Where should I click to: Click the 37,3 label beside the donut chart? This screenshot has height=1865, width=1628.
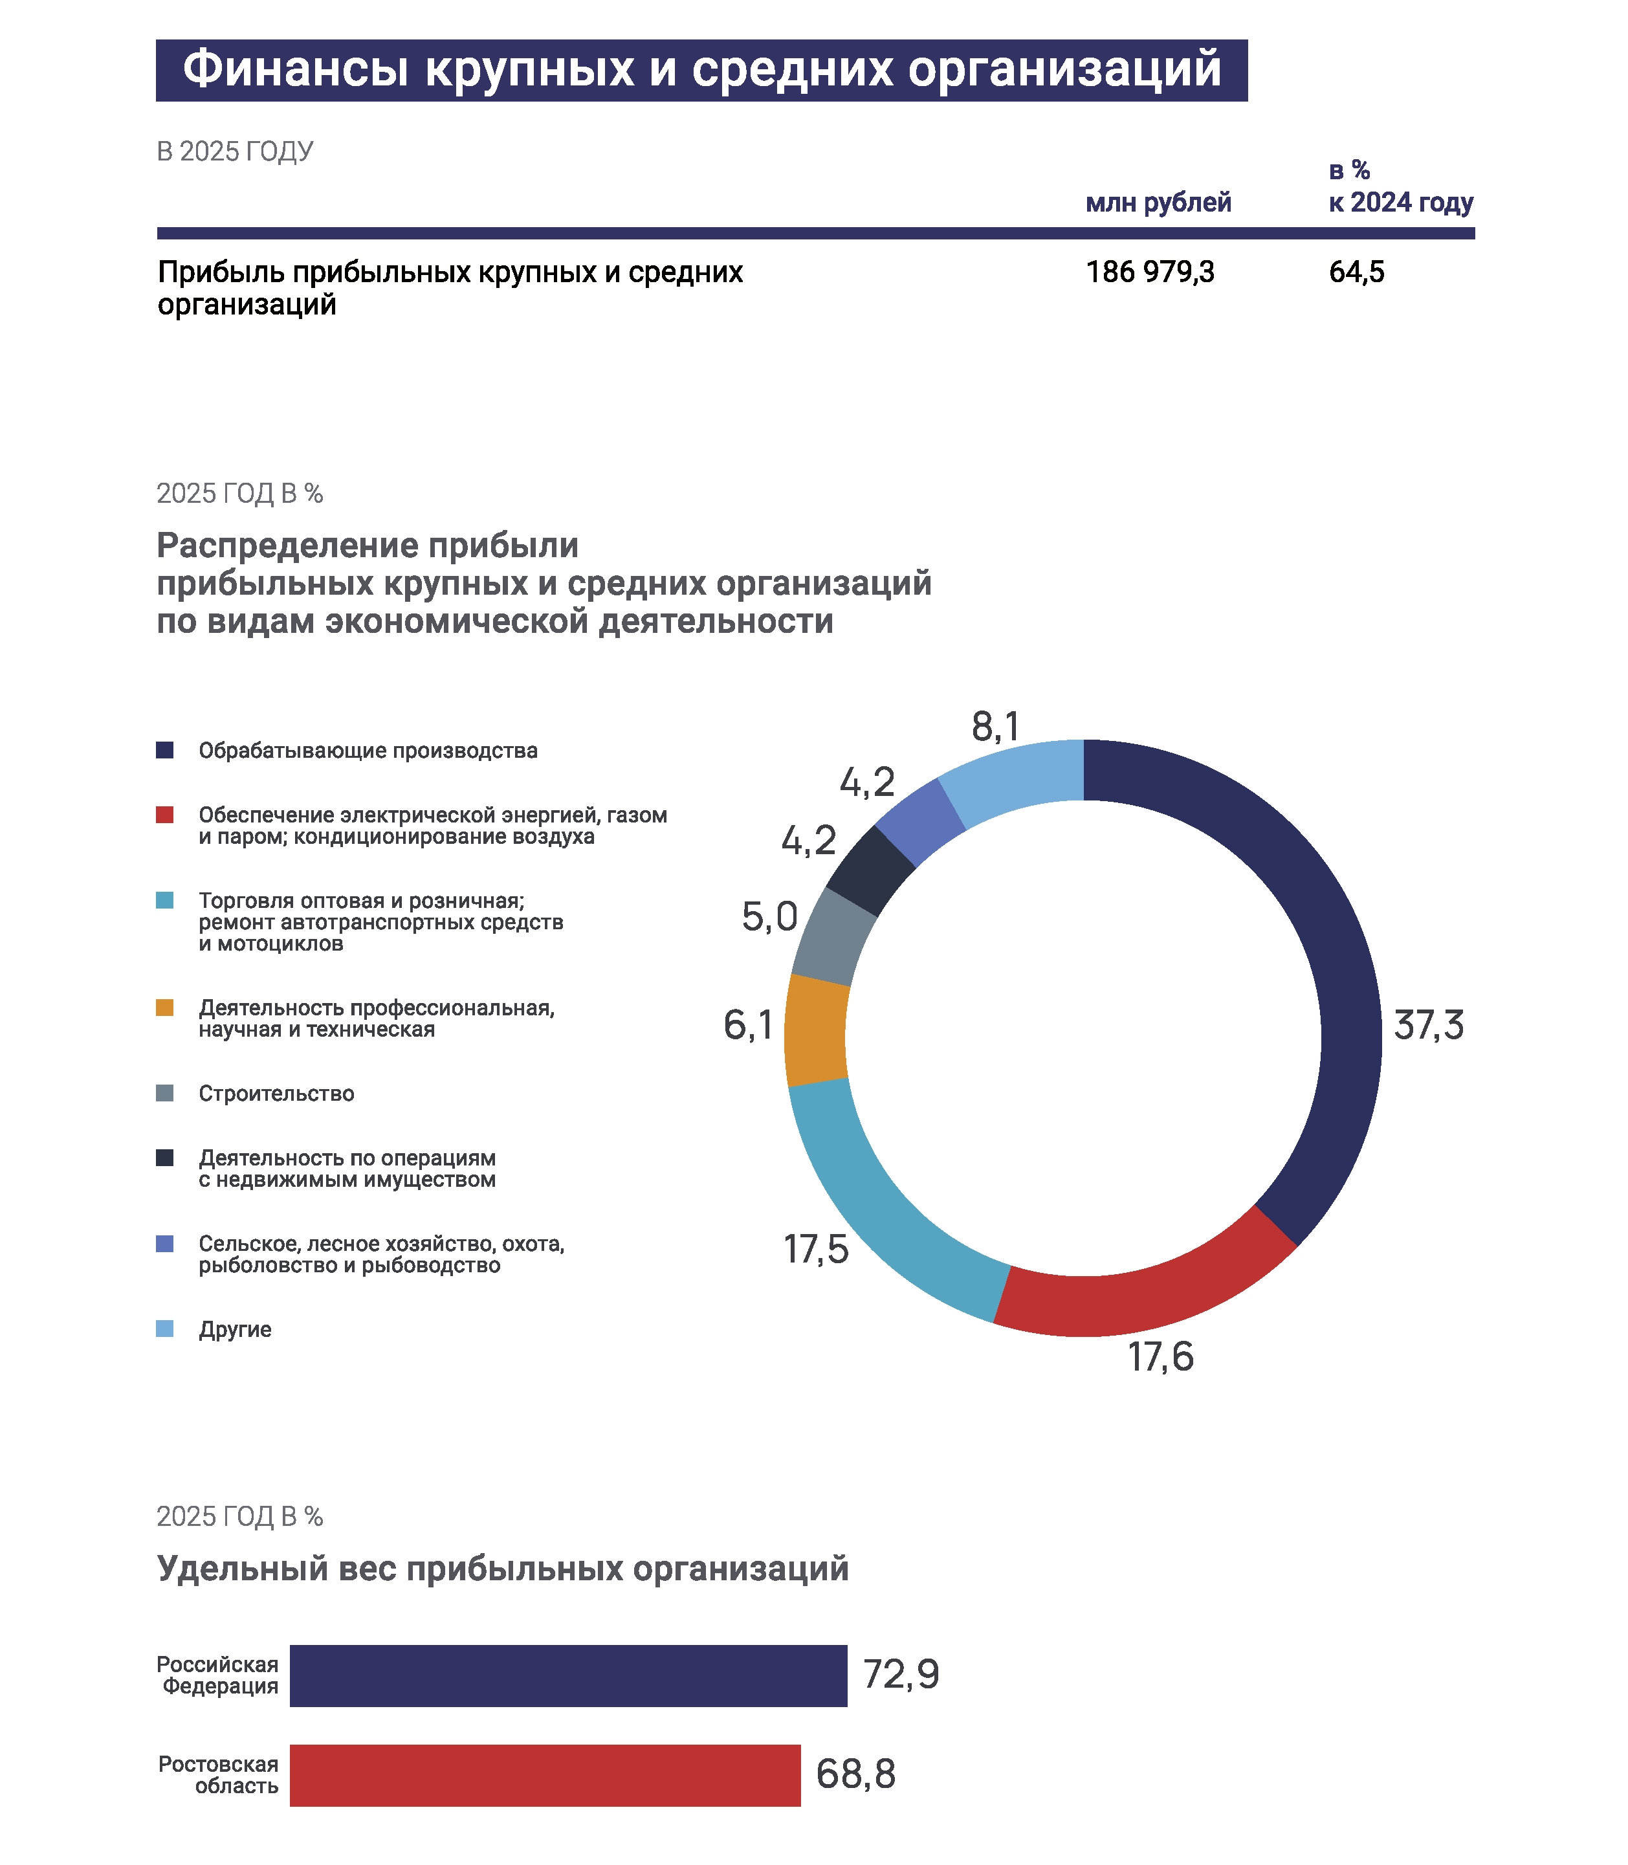click(1429, 1024)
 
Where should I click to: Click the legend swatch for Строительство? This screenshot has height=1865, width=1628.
click(164, 1093)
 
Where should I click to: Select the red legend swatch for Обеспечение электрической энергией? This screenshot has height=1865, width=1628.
click(164, 814)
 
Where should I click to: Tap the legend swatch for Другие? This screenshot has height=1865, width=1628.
click(164, 1329)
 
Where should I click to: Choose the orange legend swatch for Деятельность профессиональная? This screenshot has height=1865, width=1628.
click(164, 1008)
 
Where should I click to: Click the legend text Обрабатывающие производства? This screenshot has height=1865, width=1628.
click(368, 751)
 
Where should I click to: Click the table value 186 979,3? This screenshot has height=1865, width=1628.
click(1150, 272)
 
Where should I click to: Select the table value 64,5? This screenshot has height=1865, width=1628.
click(1356, 272)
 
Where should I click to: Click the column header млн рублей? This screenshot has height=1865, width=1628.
click(1158, 203)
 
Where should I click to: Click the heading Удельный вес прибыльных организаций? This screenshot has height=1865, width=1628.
click(502, 1567)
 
